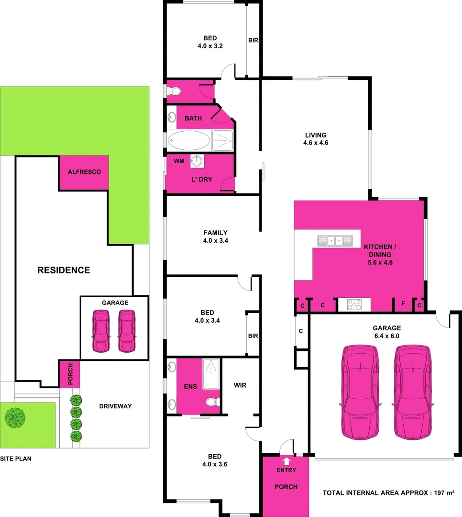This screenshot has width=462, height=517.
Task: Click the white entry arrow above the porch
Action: (x=286, y=461)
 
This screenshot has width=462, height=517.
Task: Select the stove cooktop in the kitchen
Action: (x=354, y=304)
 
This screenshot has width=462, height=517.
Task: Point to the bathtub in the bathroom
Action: (x=189, y=141)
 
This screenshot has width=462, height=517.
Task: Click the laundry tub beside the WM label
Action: (x=197, y=161)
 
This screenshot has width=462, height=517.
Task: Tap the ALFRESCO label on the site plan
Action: (x=84, y=171)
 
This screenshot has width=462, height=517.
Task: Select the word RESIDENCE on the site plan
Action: (x=64, y=270)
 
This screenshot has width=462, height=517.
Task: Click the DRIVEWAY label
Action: (x=115, y=406)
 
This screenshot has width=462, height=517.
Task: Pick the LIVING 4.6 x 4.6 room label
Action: (x=316, y=139)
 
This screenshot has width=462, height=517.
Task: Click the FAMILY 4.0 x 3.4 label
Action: (x=215, y=237)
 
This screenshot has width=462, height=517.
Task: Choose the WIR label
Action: (x=240, y=385)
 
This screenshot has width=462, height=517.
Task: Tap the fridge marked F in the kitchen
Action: (x=403, y=304)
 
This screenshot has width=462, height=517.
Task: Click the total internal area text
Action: (x=388, y=492)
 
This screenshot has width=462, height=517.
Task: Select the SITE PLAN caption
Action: (x=16, y=459)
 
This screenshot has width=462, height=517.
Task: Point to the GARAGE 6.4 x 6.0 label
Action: (x=386, y=332)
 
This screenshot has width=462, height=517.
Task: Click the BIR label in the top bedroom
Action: (x=253, y=41)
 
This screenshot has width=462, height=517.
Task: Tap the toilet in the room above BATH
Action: (x=175, y=91)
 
